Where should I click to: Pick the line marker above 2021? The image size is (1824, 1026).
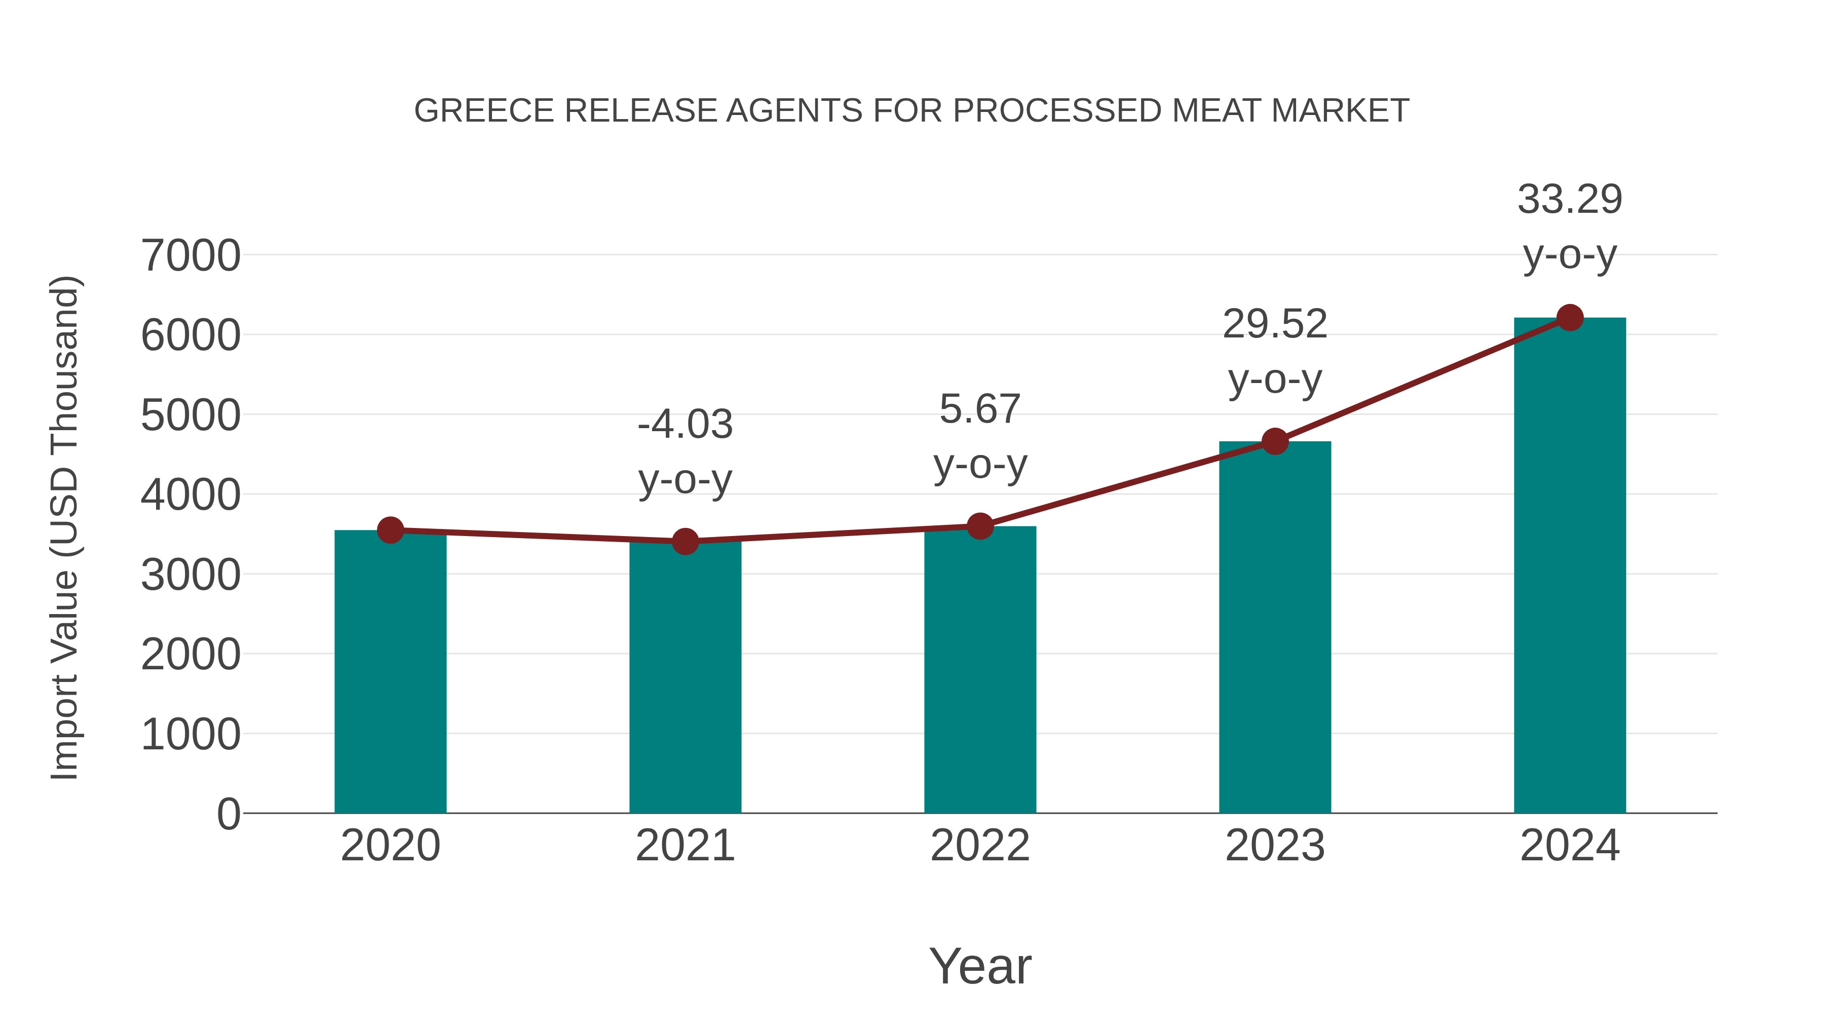point(685,542)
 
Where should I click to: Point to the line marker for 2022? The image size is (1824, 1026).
point(980,526)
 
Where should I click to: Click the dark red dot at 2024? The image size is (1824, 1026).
point(1570,318)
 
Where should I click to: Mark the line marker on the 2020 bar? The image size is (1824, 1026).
point(390,529)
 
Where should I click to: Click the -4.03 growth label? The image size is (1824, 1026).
point(685,425)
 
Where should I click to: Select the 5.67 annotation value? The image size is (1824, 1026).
point(980,409)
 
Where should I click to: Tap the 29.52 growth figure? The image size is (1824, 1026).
point(1275,324)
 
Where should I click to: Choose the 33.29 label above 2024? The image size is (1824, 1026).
point(1570,200)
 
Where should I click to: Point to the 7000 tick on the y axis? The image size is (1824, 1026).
point(191,256)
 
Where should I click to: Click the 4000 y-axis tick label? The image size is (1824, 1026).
point(191,495)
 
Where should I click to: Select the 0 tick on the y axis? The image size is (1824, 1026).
point(228,814)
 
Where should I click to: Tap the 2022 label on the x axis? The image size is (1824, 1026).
point(980,846)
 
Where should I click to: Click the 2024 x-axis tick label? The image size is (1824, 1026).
point(1570,846)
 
